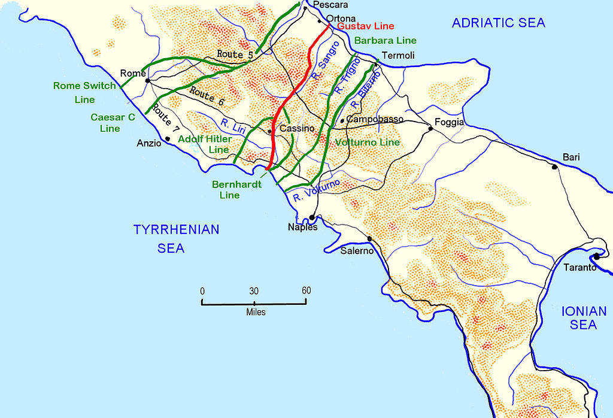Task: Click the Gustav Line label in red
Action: coord(365,28)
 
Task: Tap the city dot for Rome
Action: coord(147,80)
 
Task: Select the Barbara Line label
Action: coord(385,41)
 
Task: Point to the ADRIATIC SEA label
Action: coord(498,23)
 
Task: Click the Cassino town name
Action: coord(297,129)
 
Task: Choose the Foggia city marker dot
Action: coord(430,128)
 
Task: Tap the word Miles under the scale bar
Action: coord(255,313)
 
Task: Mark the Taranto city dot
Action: coord(597,256)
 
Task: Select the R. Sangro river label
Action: coord(324,62)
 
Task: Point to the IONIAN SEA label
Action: coord(579,318)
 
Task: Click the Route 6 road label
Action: coord(207,97)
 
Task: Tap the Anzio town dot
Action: coord(168,139)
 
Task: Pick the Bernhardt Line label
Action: coord(236,190)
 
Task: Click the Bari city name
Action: coord(571,157)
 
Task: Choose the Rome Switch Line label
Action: coord(84,92)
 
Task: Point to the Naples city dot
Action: coord(311,218)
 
